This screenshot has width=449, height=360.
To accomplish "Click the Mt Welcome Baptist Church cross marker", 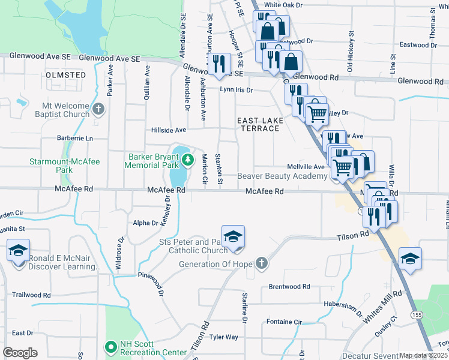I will point(99,109).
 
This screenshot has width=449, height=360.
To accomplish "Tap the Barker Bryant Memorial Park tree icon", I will point(188,160).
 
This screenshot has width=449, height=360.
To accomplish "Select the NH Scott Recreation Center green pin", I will point(110,347).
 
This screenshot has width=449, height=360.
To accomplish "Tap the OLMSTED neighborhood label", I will point(65,75).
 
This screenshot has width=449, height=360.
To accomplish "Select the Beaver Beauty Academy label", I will point(282,176).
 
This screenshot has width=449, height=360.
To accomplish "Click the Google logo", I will point(20,353).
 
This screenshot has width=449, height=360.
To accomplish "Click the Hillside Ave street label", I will point(169,130).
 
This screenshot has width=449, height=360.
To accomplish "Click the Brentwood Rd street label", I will point(289,287).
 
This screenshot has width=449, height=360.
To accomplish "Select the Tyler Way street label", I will point(224,337).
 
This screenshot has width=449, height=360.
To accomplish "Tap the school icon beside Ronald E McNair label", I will point(18,249).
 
